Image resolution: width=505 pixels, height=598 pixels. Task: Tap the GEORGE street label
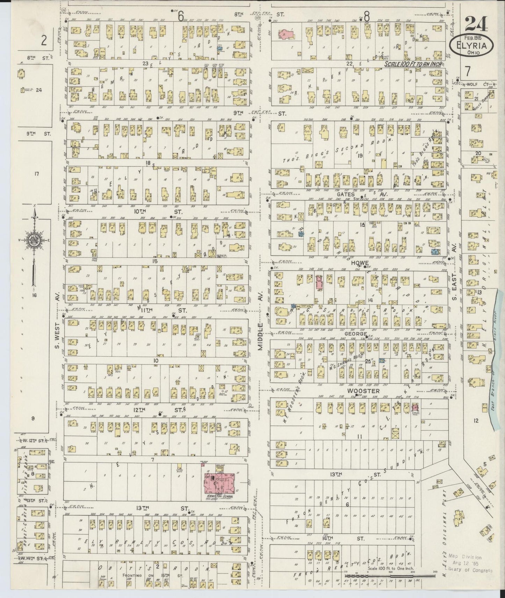click(356, 334)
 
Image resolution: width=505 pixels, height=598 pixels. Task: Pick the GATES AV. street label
click(354, 194)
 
